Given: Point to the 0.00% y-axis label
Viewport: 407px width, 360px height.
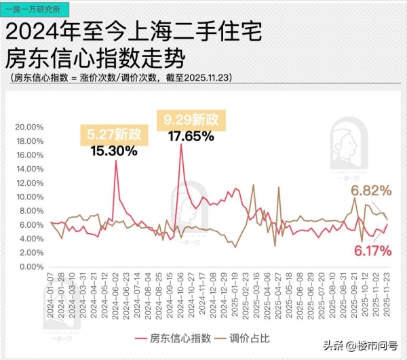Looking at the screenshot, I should [31, 266].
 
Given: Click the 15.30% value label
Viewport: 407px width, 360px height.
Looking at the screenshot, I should [113, 151].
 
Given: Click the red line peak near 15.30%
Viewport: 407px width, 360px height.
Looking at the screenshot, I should [116, 161].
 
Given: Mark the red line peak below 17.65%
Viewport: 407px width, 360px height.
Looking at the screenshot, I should [181, 144].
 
